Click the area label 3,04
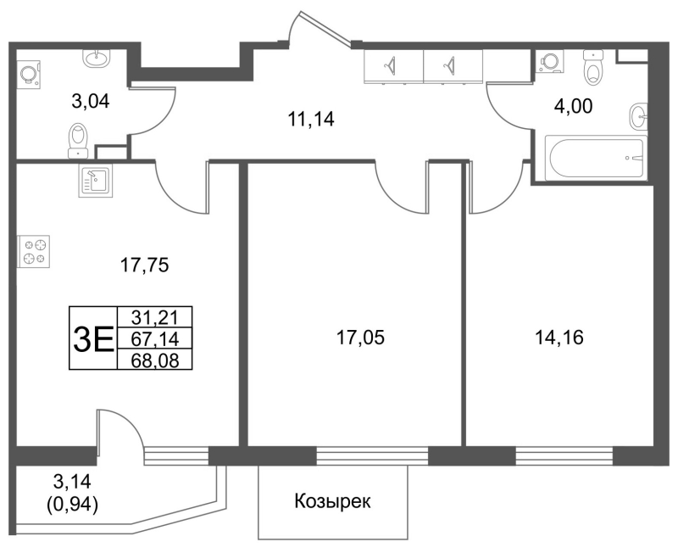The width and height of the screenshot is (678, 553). (91, 102)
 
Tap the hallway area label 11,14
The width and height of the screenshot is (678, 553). (311, 119)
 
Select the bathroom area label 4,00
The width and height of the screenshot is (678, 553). (574, 106)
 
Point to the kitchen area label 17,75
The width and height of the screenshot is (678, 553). (144, 265)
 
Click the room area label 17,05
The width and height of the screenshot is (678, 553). (360, 338)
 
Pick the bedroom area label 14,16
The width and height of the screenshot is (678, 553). (559, 338)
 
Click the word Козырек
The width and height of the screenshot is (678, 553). (332, 502)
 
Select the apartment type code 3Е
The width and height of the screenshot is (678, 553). (93, 338)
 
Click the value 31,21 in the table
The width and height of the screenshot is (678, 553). (155, 317)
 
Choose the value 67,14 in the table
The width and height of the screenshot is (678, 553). (155, 338)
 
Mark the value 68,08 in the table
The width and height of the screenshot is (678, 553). (155, 360)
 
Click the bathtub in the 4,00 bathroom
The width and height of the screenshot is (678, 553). (596, 158)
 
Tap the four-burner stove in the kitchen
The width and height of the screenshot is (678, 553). (34, 251)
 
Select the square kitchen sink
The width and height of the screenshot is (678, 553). (95, 181)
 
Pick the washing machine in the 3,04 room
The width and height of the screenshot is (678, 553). (30, 74)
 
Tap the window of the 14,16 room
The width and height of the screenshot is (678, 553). (564, 455)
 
